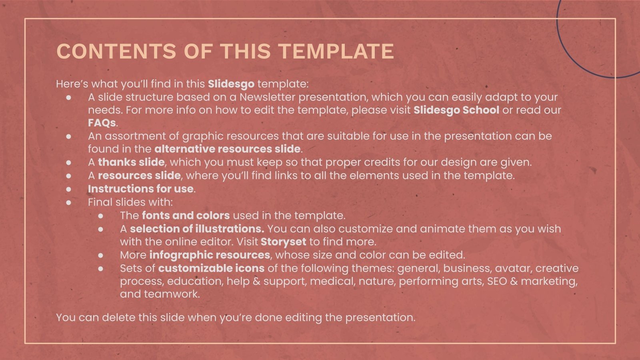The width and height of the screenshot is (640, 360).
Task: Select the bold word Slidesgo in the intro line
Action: pos(231,84)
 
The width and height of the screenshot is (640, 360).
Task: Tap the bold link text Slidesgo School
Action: pos(456,110)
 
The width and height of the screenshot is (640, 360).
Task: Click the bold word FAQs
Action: pos(102,123)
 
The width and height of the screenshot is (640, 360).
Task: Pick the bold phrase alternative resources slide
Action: pos(227,149)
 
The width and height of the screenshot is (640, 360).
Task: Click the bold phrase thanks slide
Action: pos(131,162)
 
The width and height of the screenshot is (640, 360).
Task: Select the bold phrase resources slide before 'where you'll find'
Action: pos(139,175)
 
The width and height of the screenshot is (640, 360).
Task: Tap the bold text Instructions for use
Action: pos(140,188)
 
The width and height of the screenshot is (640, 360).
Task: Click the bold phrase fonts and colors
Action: pos(186,215)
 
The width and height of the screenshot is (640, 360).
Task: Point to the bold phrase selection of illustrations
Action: pos(197,229)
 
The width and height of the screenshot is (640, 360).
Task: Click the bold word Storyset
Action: pos(283,242)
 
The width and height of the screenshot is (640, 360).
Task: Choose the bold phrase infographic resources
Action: pos(210,255)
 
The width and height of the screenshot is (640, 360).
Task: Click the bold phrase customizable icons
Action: pos(211,268)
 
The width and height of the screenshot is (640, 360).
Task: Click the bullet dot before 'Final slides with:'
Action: pos(69,202)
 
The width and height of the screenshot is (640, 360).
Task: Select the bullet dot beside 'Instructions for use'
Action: pos(69,189)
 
